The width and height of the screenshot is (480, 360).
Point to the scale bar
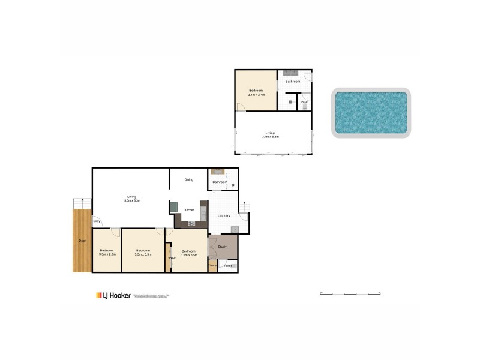click(351, 293)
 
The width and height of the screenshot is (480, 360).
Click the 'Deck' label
click(82, 241)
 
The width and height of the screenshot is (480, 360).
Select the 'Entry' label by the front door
click(97, 221)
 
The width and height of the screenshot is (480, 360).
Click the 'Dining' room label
click(188, 179)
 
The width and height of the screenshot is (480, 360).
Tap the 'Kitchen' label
click(189, 210)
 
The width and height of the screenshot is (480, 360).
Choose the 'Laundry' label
click(224, 216)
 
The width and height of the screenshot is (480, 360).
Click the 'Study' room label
click(222, 246)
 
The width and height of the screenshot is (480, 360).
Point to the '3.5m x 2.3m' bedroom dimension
click(107, 254)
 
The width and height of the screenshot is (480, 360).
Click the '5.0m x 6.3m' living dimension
click(131, 200)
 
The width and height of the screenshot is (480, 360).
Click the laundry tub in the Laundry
click(235, 229)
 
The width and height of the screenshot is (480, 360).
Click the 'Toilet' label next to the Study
click(227, 265)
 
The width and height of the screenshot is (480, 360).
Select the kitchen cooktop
click(193, 224)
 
